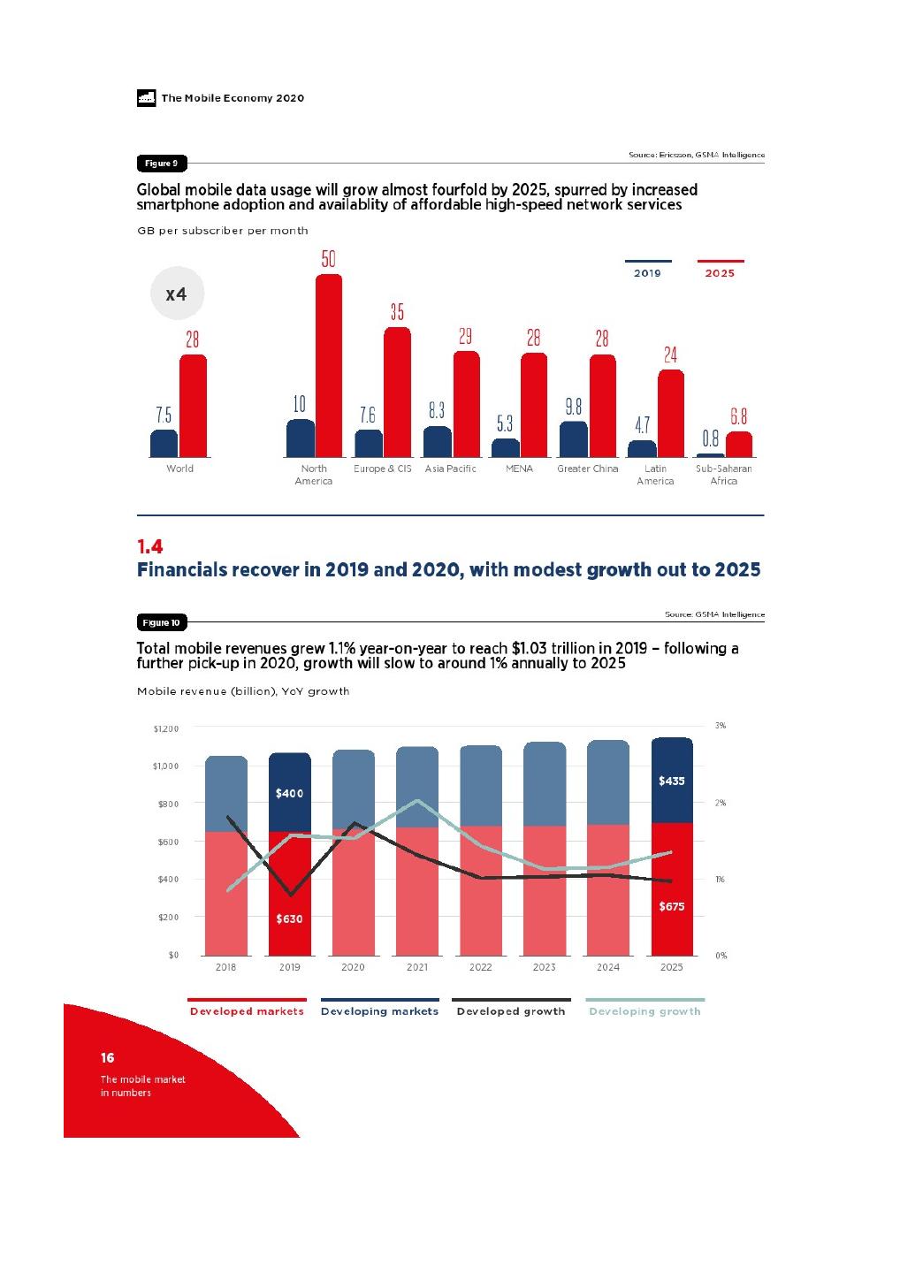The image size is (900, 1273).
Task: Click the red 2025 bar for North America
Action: (x=328, y=366)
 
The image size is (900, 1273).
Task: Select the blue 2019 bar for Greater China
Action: (x=574, y=439)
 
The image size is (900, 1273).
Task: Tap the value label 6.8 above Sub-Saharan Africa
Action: (x=738, y=416)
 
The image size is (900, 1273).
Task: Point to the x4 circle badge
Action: (x=177, y=293)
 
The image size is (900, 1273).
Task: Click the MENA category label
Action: (x=519, y=469)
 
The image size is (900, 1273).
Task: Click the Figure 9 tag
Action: (x=161, y=164)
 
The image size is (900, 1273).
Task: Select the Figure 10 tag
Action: (x=161, y=623)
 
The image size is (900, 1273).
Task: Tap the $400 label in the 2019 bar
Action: (x=289, y=794)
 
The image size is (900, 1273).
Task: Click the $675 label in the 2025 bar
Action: (x=671, y=907)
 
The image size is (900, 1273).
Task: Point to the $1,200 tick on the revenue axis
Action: (x=166, y=729)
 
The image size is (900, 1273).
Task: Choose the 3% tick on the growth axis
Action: (x=721, y=726)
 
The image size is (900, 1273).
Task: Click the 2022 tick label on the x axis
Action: (x=480, y=967)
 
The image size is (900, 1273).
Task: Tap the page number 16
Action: (x=107, y=1058)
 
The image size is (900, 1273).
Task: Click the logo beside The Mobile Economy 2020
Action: (x=146, y=98)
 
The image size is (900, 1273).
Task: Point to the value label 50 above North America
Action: (x=328, y=259)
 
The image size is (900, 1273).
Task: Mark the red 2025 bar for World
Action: (x=193, y=406)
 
